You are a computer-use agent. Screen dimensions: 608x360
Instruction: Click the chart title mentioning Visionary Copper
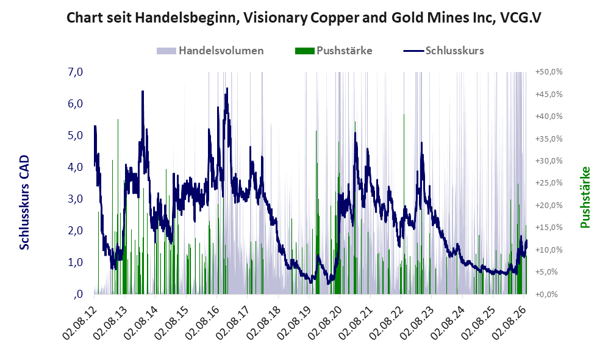(x=304, y=18)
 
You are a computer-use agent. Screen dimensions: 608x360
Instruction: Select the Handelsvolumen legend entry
(x=210, y=51)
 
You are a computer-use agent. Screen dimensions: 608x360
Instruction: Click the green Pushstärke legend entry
(x=334, y=51)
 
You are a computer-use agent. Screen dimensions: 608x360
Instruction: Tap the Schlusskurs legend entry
(x=443, y=51)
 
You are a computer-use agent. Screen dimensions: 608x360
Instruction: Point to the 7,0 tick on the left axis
(x=75, y=72)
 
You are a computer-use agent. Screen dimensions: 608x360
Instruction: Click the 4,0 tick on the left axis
(x=75, y=167)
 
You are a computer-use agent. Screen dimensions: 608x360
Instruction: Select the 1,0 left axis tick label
(x=75, y=262)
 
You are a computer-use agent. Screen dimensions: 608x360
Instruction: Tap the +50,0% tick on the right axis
(x=549, y=72)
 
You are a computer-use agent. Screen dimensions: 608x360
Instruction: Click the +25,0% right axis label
(x=549, y=182)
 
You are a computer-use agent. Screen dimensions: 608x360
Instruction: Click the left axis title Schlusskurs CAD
(x=24, y=202)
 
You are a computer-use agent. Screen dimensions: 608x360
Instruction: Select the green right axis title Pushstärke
(x=585, y=197)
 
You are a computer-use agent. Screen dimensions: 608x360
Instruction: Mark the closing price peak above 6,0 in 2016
(x=227, y=89)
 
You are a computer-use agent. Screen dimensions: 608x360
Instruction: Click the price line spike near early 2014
(x=143, y=92)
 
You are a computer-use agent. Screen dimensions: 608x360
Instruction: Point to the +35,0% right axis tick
(x=549, y=139)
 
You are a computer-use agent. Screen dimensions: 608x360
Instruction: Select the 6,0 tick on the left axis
(x=75, y=104)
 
